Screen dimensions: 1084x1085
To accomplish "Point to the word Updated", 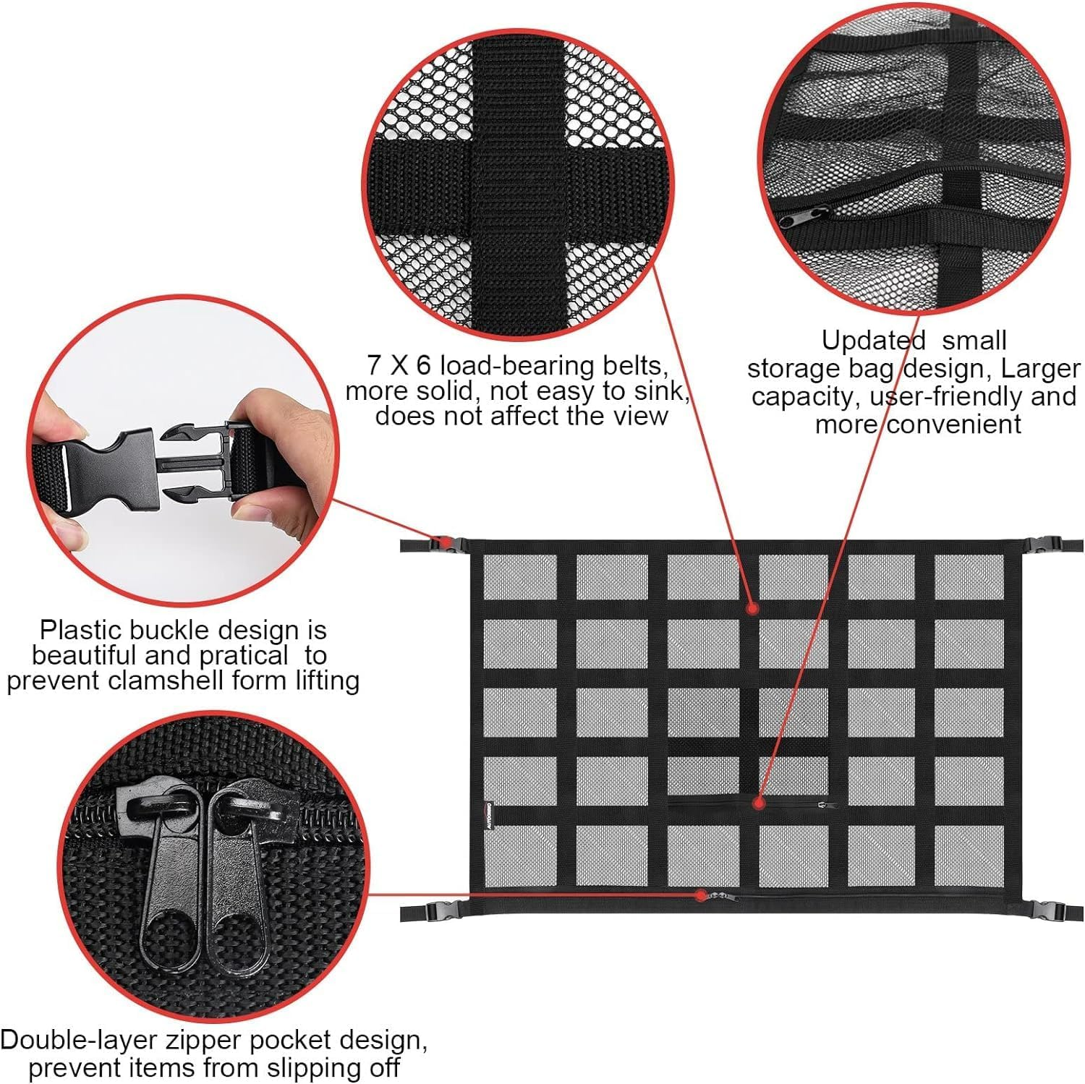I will point(873,340).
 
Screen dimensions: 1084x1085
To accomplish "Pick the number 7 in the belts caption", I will point(373,365).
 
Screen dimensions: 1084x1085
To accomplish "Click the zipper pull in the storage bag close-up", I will point(804,215).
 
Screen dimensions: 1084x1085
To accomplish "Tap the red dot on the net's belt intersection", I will point(752,608).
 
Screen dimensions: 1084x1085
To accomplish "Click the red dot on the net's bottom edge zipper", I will point(700,895).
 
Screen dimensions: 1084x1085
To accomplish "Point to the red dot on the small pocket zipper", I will point(757,803).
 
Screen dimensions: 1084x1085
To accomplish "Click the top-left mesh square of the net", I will point(520,576).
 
